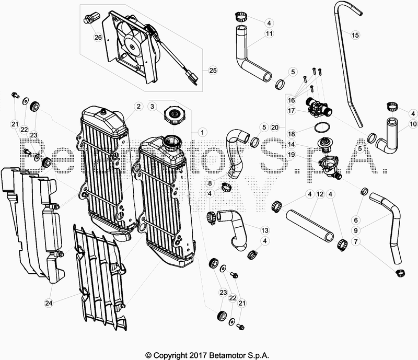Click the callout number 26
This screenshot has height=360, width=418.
(98, 37)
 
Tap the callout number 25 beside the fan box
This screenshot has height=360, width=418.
(213, 71)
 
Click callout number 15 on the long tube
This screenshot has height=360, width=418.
(355, 35)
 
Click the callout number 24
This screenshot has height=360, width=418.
(49, 303)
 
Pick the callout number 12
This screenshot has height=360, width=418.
(320, 194)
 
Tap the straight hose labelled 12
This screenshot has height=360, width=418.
(310, 222)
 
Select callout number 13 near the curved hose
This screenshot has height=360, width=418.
(265, 230)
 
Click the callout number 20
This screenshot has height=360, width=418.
(275, 127)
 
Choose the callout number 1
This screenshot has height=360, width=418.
(202, 132)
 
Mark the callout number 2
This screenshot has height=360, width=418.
(138, 107)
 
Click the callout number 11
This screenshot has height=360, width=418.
(269, 33)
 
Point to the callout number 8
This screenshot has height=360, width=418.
(210, 183)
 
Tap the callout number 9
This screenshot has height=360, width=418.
(356, 230)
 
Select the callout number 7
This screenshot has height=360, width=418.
(356, 241)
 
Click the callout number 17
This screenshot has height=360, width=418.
(292, 110)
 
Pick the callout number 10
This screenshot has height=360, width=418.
(413, 124)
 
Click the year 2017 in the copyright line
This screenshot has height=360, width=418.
(199, 355)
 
